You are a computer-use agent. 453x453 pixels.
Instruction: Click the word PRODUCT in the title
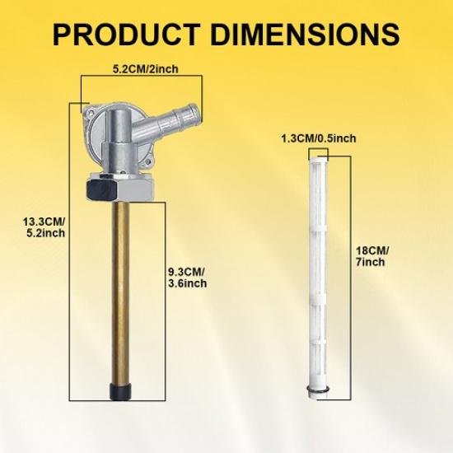(x=126, y=35)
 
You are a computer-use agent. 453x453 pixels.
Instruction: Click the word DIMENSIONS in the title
(x=305, y=35)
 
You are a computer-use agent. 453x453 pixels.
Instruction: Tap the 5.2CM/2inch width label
(x=145, y=69)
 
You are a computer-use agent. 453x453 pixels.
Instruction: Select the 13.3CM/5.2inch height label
(x=44, y=227)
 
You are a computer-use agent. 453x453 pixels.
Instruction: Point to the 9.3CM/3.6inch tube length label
(x=187, y=278)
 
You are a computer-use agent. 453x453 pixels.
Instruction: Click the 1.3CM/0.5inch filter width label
(x=319, y=138)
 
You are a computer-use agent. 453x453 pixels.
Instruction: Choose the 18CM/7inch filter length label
(x=372, y=256)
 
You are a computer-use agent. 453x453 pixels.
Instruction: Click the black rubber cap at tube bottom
(x=120, y=392)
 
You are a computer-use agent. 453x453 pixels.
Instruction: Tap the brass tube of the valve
(x=120, y=292)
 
